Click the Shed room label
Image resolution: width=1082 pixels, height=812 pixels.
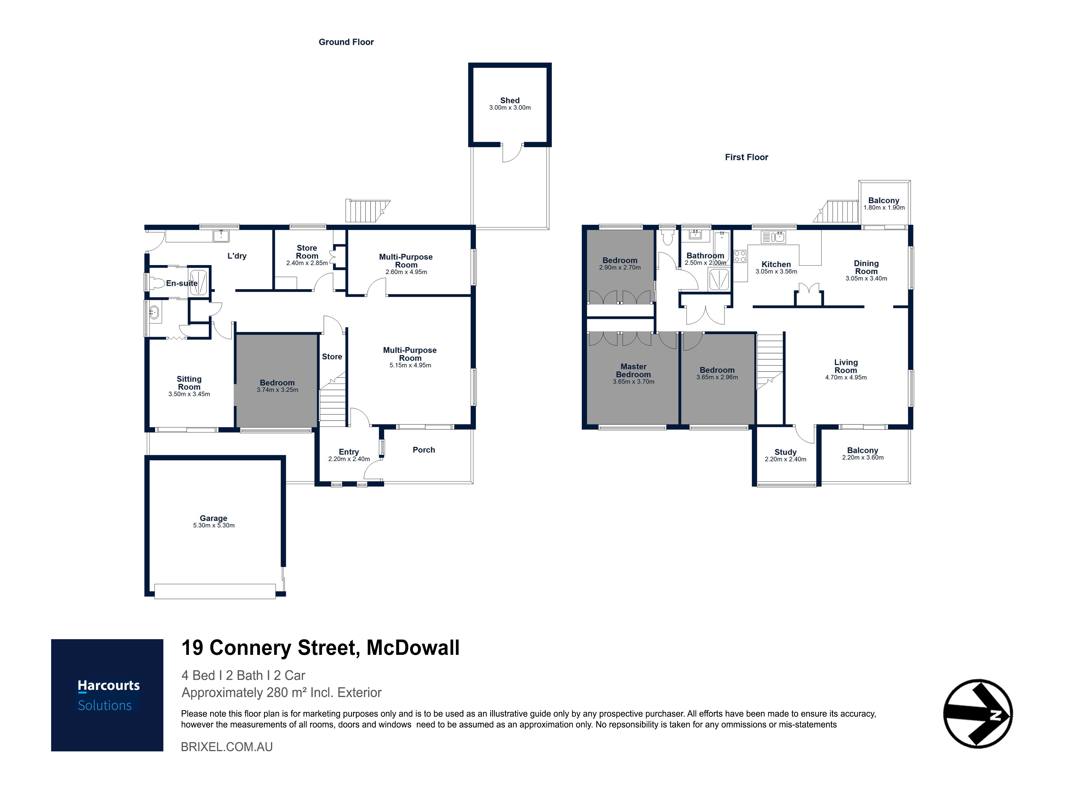510,100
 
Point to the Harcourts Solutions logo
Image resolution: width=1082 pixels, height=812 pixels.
107,695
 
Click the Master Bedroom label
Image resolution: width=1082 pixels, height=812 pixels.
634,370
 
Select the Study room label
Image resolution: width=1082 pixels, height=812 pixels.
786,452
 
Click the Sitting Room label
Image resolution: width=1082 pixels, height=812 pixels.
189,382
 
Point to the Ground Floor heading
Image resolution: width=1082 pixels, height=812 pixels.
346,42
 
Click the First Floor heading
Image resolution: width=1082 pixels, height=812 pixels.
746,157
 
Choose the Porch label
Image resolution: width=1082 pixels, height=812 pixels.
424,450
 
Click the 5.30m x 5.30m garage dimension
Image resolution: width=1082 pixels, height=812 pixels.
214,525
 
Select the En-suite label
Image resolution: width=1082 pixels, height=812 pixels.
182,283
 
